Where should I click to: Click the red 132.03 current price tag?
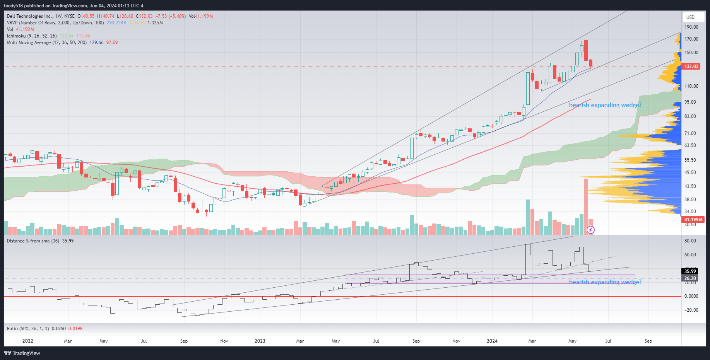(x=691, y=67)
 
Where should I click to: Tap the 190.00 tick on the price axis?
(x=691, y=27)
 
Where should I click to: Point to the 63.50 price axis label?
(x=690, y=145)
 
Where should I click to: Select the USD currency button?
(x=691, y=17)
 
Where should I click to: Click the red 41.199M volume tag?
(x=693, y=220)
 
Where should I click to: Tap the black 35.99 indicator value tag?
(x=690, y=271)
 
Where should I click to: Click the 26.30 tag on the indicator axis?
(x=690, y=278)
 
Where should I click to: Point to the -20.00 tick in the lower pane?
(x=691, y=310)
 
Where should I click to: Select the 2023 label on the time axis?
(x=260, y=341)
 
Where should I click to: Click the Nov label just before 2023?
(x=224, y=341)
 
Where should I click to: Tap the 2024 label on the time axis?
(x=492, y=341)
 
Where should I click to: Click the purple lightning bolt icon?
(x=590, y=230)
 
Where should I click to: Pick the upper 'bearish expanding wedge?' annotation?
(x=605, y=105)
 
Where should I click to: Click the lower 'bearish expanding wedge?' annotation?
(x=605, y=282)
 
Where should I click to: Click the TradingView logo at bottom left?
(x=22, y=353)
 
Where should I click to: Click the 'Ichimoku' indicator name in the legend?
(x=16, y=36)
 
